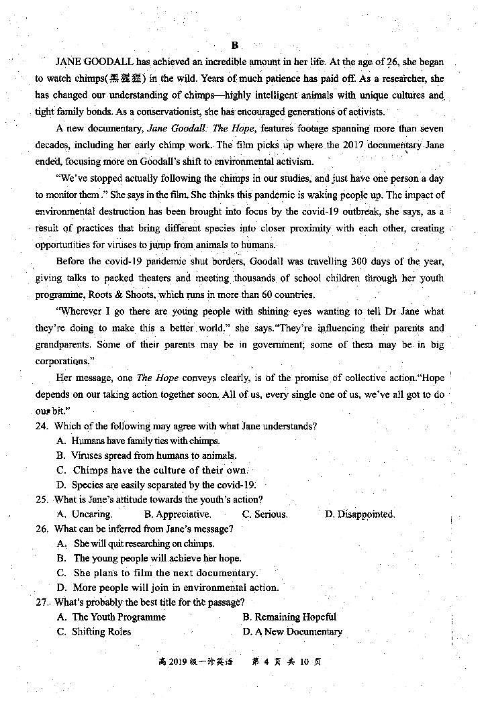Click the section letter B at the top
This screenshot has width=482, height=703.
pos(235,46)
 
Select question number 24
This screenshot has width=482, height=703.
pos(42,426)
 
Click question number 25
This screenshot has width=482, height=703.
pos(42,500)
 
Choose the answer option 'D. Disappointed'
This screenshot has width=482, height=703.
pos(360,515)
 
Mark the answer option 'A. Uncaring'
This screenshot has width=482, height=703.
pos(85,515)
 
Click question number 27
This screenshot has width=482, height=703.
pos(42,602)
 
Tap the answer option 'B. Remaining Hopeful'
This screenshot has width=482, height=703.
pos(289,617)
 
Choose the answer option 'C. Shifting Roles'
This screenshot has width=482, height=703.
pos(94,632)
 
